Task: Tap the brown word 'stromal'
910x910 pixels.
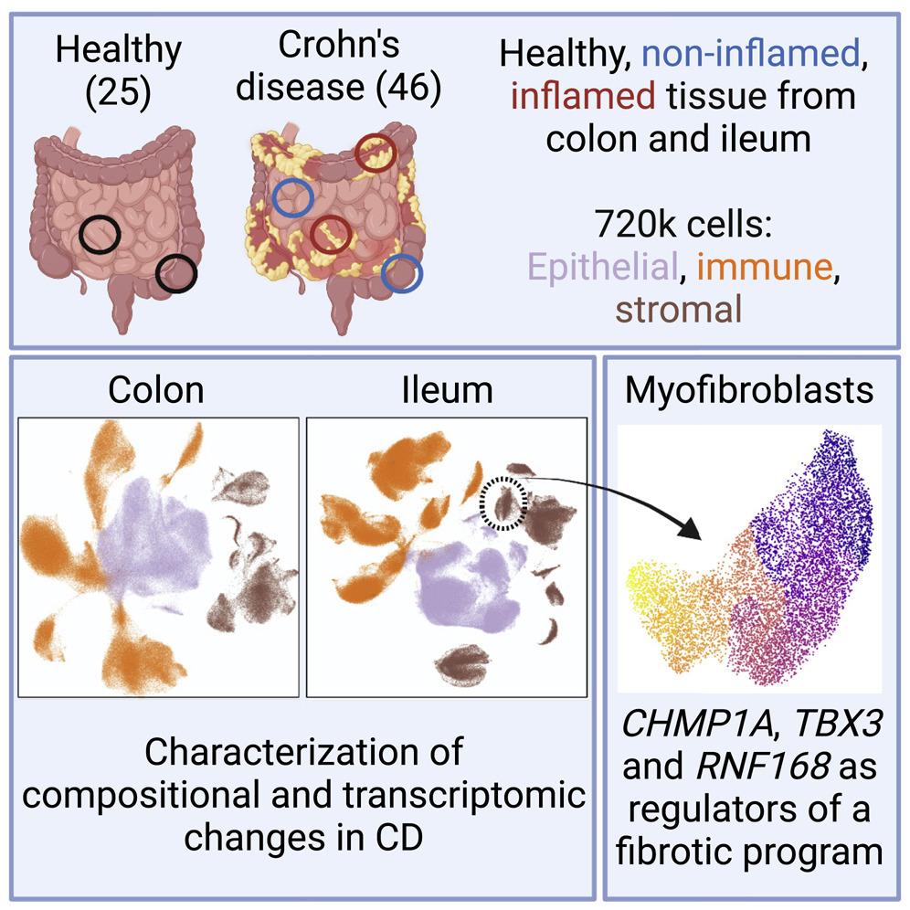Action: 678,309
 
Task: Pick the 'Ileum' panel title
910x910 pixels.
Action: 447,390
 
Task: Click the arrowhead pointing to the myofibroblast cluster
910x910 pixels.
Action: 693,527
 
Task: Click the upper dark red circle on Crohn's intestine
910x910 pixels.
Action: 375,153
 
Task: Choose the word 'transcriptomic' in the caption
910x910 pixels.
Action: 452,796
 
